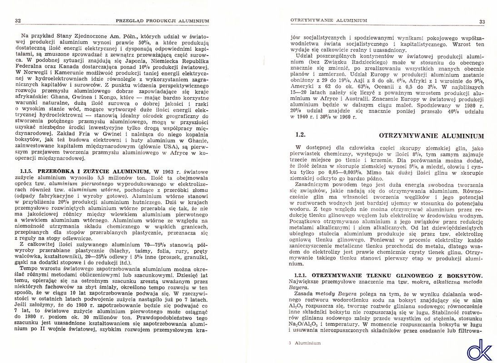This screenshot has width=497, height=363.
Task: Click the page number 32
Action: coord(18,20)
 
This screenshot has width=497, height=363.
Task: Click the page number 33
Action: coord(482,22)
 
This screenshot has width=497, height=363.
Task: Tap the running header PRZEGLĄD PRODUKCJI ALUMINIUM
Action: coord(163,20)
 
